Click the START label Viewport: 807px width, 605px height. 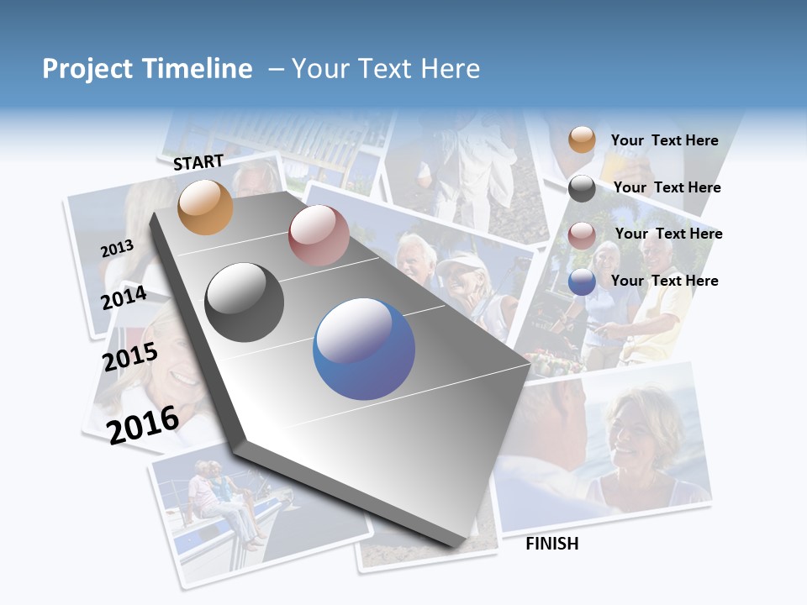(x=198, y=162)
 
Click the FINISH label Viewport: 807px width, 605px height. (x=551, y=544)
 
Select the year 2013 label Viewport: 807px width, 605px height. (x=117, y=248)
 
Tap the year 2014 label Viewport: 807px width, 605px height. (x=124, y=297)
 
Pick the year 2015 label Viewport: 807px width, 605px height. (x=129, y=357)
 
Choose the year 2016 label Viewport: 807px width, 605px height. (x=143, y=424)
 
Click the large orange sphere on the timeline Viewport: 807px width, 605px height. (x=205, y=207)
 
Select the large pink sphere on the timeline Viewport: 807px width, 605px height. (x=318, y=235)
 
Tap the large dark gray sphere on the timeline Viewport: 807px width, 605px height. (x=244, y=302)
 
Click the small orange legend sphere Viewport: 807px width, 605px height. (x=582, y=140)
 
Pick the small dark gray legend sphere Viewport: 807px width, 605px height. (x=582, y=188)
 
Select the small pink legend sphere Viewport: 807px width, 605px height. (x=582, y=234)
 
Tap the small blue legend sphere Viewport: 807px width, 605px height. (x=582, y=281)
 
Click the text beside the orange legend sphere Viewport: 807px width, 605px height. (x=664, y=140)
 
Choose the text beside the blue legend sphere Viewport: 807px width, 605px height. (x=664, y=281)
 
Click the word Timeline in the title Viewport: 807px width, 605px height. (x=198, y=69)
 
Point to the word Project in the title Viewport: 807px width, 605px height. (x=87, y=69)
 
